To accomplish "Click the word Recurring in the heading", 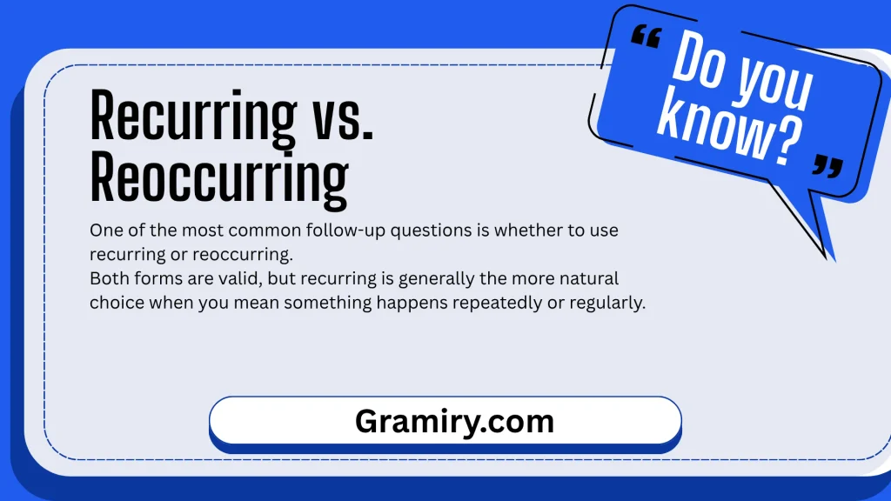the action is pos(193,117).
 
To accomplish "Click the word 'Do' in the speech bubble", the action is pos(700,60).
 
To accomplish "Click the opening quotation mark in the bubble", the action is pos(646,37).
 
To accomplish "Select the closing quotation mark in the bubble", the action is pos(828,166).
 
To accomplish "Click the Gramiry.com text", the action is pos(454,422).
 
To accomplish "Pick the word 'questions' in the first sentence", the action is pos(439,230).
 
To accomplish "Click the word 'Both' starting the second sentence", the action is pos(107,279).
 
